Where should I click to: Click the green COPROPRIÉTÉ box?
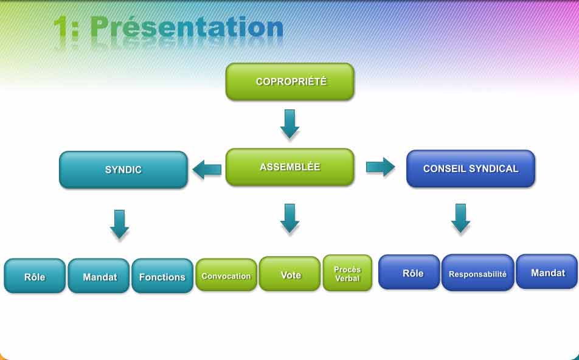click(x=289, y=81)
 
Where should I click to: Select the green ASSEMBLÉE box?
click(x=289, y=167)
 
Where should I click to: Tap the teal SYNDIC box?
click(x=123, y=170)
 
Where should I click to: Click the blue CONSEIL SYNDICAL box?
click(x=470, y=168)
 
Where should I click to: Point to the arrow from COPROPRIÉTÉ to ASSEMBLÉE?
click(x=289, y=123)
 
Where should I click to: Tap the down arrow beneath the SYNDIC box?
click(x=120, y=224)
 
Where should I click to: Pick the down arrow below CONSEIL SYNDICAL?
click(x=460, y=218)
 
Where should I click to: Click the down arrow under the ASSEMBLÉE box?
click(x=290, y=218)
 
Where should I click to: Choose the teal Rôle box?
click(x=35, y=276)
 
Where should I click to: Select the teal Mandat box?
click(x=99, y=276)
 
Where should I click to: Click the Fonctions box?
click(x=162, y=276)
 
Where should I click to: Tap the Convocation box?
click(x=226, y=275)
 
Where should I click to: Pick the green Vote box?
click(x=290, y=274)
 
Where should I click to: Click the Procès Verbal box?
click(x=347, y=273)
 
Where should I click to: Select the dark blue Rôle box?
click(x=409, y=272)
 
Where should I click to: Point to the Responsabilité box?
click(x=477, y=273)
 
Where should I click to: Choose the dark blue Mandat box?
click(x=547, y=272)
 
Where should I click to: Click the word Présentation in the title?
click(x=187, y=27)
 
